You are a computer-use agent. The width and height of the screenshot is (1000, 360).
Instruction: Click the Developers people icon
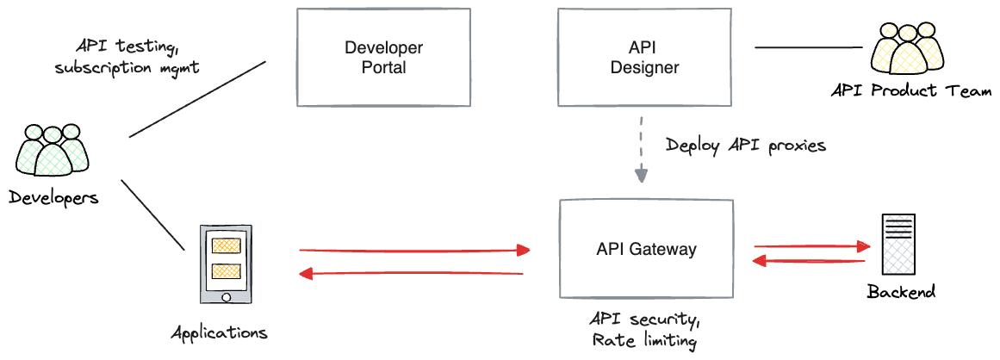point(53,151)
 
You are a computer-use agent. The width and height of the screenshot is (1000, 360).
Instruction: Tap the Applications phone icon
point(226,264)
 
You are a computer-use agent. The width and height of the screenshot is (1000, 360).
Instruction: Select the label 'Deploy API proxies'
point(746,146)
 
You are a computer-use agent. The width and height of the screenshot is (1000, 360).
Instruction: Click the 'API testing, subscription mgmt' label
point(127,56)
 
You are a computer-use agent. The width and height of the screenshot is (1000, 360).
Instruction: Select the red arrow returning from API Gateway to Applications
point(412,273)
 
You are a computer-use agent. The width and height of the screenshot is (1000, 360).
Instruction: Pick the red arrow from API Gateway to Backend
point(812,246)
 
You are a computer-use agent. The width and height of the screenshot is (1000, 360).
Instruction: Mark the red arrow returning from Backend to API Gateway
point(809,261)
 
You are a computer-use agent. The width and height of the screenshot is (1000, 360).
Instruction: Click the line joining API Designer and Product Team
point(809,47)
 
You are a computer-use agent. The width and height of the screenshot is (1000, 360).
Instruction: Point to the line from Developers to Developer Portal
point(197,99)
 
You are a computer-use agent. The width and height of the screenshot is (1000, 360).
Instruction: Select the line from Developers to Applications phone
point(152,215)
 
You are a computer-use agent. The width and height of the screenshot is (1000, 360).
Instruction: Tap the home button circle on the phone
point(226,297)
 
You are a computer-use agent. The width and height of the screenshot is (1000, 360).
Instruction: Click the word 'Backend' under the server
point(901,292)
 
